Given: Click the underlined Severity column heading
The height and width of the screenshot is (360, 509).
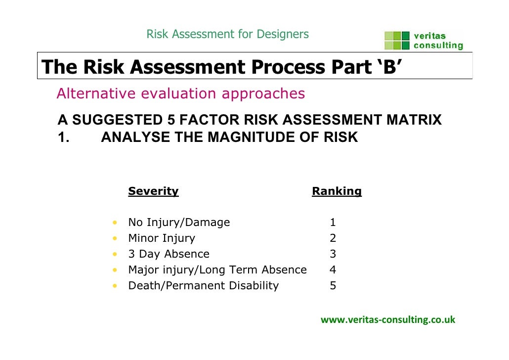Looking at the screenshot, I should pos(153,191).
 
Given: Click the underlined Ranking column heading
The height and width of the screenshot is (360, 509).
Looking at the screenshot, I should pos(337,191).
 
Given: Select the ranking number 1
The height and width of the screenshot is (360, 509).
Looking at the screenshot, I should pos(333,223).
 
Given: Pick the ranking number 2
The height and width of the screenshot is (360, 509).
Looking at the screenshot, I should pos(333,238).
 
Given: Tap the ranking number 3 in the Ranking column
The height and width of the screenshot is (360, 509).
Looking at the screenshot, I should pos(333,254).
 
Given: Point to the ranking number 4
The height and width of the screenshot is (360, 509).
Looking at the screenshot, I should pos(333,270).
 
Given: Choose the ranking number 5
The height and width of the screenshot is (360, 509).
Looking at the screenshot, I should pos(333,286).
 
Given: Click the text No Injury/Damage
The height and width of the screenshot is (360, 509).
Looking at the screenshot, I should pos(179,223).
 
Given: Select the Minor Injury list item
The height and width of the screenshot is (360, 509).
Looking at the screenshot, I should pos(162,238).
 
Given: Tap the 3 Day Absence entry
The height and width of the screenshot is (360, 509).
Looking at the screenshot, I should pos(169,254).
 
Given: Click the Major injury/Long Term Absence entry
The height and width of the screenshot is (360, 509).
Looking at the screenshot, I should pos(217,270).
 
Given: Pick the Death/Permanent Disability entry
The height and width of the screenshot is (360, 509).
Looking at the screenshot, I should pos(203,286).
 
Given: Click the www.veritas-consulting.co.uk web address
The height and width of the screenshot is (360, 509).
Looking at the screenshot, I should pos(388,320).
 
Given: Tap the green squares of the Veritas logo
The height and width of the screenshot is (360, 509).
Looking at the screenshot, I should pos(397,41).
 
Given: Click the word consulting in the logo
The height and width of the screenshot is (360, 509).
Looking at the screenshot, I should pos(438,46).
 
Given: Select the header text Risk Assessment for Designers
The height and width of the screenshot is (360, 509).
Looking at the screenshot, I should pos(227,34).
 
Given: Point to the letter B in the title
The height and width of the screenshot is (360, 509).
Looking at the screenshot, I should pos(389,67).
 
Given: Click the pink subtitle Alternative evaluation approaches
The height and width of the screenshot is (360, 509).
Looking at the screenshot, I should pos(181,93).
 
